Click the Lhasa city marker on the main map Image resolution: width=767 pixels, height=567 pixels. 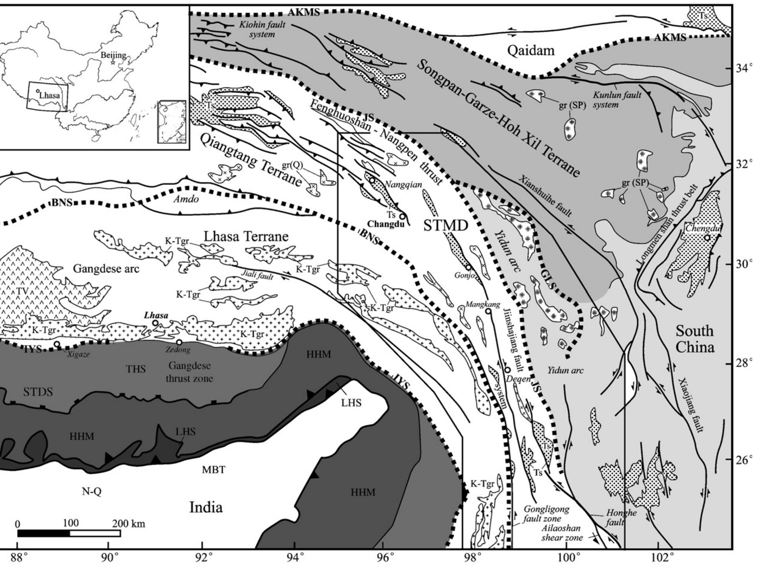tap(155, 323)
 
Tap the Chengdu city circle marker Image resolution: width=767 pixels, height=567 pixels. tap(707, 238)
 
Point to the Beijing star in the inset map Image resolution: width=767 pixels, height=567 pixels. tap(113, 62)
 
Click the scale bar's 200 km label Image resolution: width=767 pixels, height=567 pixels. tap(129, 524)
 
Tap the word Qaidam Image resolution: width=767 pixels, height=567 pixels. tap(531, 50)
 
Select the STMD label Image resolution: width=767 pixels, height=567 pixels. tap(446, 226)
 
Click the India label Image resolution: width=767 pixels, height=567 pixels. tap(206, 507)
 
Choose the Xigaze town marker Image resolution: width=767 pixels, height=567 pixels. tap(57, 344)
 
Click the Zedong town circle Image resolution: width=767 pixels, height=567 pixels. tap(179, 342)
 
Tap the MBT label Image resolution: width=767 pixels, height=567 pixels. tap(214, 470)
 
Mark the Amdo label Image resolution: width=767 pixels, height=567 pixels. tap(186, 199)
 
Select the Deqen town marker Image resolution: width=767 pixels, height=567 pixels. tap(507, 370)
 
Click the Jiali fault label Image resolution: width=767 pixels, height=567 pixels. tap(258, 275)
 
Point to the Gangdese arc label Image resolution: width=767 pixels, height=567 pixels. tap(106, 269)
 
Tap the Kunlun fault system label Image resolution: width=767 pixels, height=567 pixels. tap(617, 100)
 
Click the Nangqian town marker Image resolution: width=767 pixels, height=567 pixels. tap(372, 180)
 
